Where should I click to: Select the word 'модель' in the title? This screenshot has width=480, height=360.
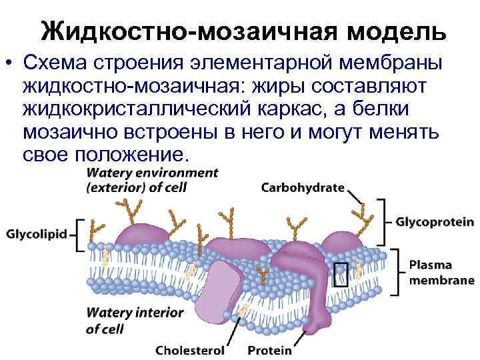[393, 31]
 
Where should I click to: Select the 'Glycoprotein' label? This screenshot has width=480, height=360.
[435, 222]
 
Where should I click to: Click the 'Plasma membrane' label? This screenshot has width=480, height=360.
[440, 272]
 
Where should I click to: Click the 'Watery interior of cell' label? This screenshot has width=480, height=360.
[125, 320]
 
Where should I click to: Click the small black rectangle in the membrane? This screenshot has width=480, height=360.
[341, 273]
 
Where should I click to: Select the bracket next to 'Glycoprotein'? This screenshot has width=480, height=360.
[383, 222]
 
